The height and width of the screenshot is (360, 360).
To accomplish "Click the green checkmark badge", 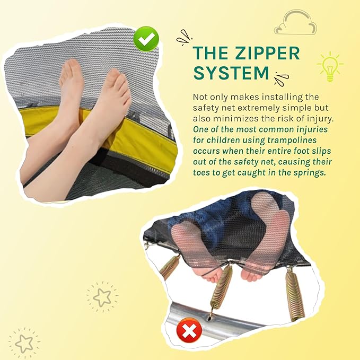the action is click(x=146, y=39).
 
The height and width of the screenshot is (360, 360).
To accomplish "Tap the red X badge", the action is click(x=189, y=330).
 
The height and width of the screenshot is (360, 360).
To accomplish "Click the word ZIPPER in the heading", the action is click(x=267, y=53).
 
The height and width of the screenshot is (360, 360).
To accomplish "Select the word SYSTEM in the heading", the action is click(x=231, y=73).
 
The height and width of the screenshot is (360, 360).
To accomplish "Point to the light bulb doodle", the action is click(x=330, y=66).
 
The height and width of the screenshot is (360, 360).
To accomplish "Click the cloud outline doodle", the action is click(x=296, y=22).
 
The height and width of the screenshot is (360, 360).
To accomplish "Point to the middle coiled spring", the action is click(x=222, y=286).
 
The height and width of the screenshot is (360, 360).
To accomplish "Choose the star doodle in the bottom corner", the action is click(x=24, y=344).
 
